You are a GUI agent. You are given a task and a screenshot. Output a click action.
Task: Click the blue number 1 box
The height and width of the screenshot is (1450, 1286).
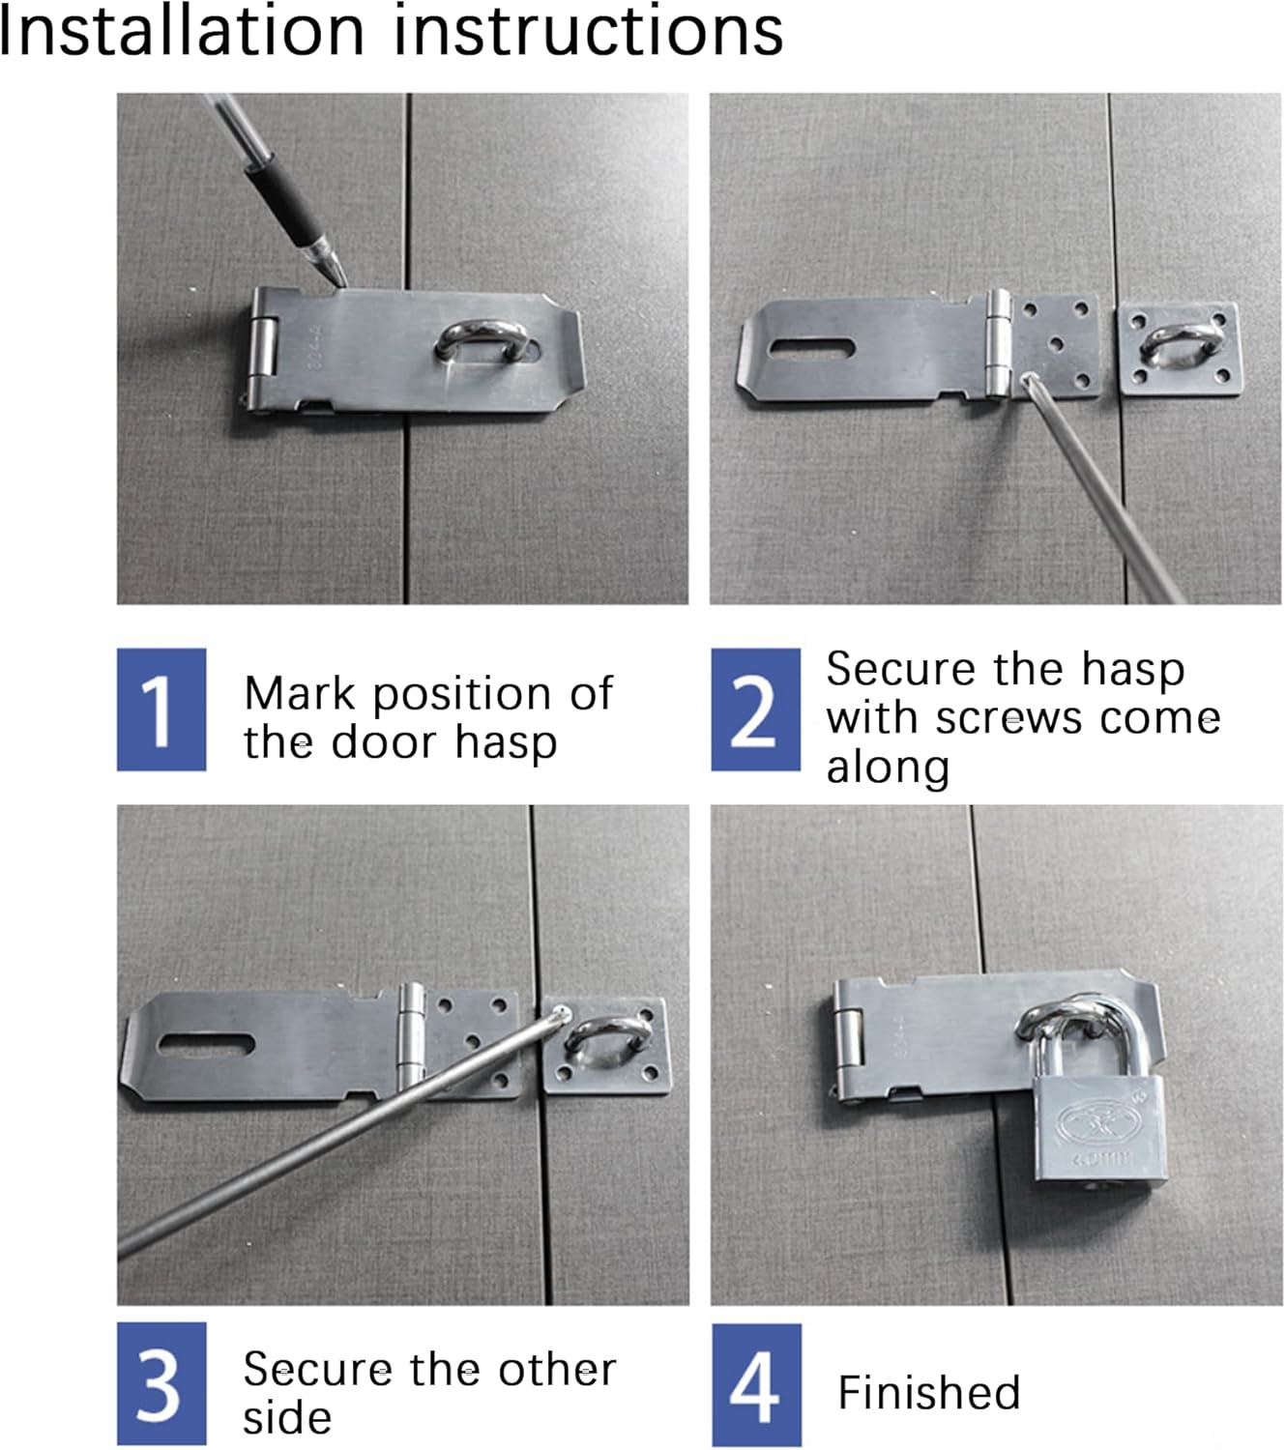[161, 709]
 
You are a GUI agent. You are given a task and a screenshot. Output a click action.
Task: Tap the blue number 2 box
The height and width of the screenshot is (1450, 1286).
[755, 709]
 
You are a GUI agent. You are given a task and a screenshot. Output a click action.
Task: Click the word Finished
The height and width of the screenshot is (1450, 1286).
[928, 1392]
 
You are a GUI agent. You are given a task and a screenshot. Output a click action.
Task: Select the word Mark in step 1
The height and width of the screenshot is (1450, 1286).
[299, 693]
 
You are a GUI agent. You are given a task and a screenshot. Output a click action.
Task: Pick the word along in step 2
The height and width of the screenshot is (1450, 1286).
[888, 768]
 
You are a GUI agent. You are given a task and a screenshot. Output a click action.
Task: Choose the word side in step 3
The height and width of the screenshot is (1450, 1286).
[286, 1417]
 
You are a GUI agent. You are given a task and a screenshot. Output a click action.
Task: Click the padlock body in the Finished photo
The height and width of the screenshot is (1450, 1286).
[1098, 1130]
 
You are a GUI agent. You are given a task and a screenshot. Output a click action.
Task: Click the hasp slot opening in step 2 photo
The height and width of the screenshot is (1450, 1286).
[810, 349]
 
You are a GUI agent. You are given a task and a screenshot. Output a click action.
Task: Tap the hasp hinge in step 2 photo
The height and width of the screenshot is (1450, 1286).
[997, 343]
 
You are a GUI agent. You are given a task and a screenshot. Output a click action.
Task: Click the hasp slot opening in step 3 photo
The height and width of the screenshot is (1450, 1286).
[206, 1044]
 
